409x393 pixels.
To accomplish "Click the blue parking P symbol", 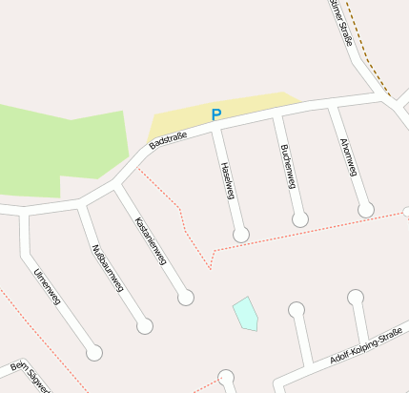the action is tap(216, 114).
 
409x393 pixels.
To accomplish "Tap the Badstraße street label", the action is tap(168, 139).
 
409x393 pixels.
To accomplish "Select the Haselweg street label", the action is tap(227, 178).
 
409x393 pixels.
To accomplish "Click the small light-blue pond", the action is tap(246, 313).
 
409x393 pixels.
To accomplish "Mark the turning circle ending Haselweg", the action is tap(241, 234).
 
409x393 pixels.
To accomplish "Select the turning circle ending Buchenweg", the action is tap(300, 219).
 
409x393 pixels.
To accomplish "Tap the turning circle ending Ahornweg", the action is tap(366, 210).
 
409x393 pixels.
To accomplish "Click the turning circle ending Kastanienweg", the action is tap(186, 298).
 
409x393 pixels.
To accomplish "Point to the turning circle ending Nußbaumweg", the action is tap(145, 326).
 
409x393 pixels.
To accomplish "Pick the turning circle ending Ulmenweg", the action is tap(94, 353).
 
